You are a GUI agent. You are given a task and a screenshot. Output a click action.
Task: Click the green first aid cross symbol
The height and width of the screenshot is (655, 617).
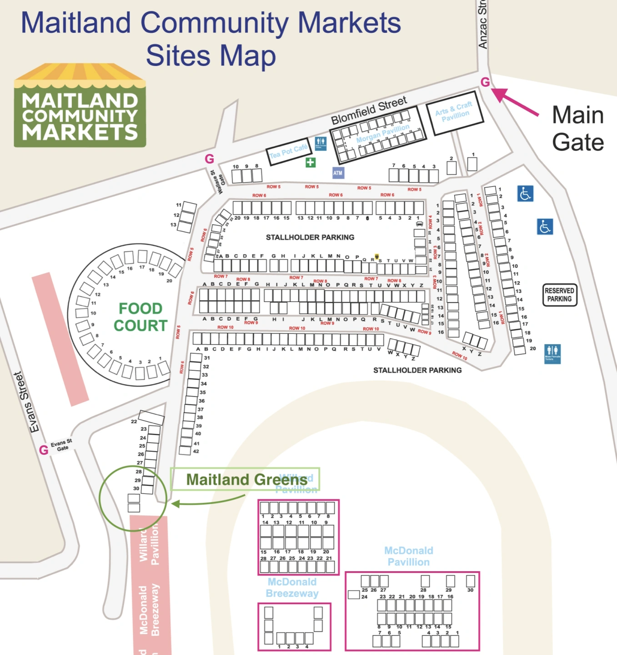click(x=311, y=162)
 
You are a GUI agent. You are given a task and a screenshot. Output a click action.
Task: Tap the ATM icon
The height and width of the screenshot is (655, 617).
click(x=338, y=173)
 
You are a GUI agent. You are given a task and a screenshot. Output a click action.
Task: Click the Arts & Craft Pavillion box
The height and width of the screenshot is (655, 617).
click(x=454, y=112)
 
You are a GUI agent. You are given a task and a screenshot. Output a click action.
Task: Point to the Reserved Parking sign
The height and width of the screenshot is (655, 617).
click(x=560, y=295)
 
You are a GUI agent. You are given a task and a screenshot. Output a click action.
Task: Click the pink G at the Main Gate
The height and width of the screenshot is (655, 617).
click(x=485, y=82)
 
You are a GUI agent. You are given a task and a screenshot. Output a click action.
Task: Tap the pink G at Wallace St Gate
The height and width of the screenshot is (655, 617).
click(x=209, y=159)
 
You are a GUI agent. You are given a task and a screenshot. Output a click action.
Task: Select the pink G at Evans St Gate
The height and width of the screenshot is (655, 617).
click(x=44, y=450)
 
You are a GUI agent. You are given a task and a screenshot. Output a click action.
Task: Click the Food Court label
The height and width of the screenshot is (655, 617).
click(x=140, y=317)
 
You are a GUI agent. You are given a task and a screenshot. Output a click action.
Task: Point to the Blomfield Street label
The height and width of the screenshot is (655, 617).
click(x=369, y=110)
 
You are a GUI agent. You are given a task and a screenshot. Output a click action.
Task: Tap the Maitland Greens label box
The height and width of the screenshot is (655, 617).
click(x=245, y=479)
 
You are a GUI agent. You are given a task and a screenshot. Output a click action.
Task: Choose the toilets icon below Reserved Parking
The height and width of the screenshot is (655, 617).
click(x=552, y=353)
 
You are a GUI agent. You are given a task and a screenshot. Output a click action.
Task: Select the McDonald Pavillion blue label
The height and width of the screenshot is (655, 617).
click(x=408, y=556)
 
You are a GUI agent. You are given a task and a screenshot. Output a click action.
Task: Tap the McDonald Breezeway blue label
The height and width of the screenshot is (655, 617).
click(x=292, y=588)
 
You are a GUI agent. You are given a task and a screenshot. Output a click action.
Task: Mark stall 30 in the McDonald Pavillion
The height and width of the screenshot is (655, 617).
click(x=471, y=581)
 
